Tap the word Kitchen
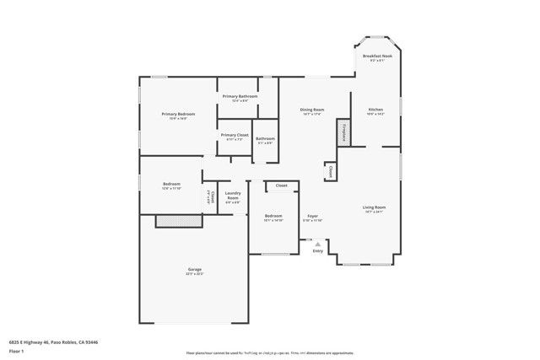coord(375,109)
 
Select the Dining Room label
coord(312,109)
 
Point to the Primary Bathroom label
coord(240,96)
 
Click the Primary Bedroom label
coord(178,114)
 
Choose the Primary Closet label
coord(235,135)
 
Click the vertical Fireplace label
coord(344,133)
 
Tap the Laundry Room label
coord(233,196)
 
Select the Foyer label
coord(312,216)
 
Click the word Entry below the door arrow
coord(317,250)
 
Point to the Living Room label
coord(375,207)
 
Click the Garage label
coord(194,269)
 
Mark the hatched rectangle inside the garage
coord(179,220)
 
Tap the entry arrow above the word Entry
coord(317,242)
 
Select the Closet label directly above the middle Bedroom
coord(281,185)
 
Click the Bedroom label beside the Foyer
coord(273,216)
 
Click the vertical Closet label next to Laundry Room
coord(211,199)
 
